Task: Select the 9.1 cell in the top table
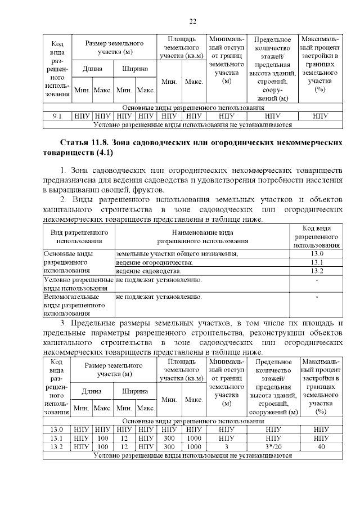click(x=57, y=117)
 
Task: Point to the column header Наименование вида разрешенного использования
click(x=202, y=236)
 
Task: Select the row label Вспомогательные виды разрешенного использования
click(x=71, y=305)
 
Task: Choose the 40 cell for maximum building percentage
click(x=321, y=446)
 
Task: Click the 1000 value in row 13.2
click(x=193, y=446)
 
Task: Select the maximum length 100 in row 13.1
click(x=102, y=438)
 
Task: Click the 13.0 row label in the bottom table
click(x=57, y=430)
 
